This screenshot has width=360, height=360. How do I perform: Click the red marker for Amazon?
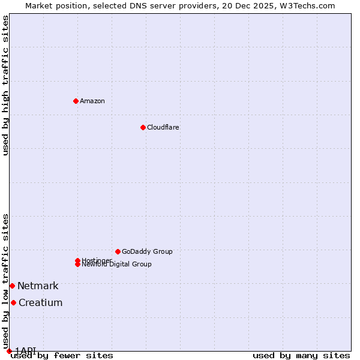[76, 101]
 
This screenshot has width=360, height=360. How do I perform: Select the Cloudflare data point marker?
[143, 127]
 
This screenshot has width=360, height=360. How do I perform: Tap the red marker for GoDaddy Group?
[118, 251]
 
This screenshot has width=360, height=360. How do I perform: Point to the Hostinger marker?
[77, 260]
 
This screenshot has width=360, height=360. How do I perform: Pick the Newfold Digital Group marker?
[77, 265]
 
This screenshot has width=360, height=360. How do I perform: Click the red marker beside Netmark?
[12, 286]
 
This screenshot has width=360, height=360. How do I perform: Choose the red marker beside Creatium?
[13, 302]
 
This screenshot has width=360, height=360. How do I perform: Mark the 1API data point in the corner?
[9, 351]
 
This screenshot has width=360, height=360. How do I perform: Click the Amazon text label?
[92, 101]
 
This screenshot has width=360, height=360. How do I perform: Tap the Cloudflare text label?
[163, 127]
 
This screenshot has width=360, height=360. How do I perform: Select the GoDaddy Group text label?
[147, 251]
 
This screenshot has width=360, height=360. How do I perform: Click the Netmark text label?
[38, 286]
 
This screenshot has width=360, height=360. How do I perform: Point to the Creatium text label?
[40, 302]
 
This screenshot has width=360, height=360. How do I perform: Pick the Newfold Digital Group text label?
[117, 265]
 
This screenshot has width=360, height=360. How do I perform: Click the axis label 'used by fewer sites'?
[62, 356]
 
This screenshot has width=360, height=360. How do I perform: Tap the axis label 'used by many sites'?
[301, 356]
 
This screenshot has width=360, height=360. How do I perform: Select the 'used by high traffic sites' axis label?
[5, 85]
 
